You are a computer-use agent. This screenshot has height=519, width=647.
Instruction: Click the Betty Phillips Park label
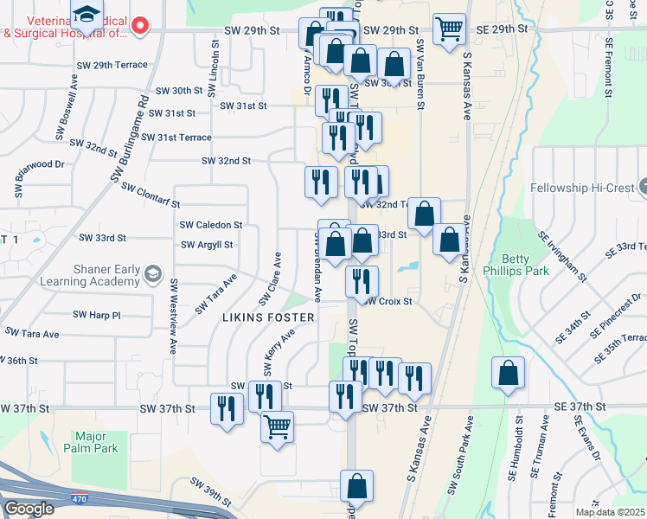pos(527,267)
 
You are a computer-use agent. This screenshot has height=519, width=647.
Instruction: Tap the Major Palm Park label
pos(96,442)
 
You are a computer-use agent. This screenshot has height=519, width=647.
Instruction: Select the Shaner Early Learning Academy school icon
pos(152,272)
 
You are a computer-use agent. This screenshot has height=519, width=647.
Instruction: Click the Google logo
pos(29,509)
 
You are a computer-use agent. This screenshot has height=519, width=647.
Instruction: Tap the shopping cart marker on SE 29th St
pos(449,30)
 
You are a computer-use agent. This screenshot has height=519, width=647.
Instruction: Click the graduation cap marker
pos(86,15)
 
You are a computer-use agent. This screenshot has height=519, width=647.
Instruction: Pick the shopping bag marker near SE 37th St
pos(509,373)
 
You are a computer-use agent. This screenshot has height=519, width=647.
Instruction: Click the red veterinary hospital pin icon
pos(143,27)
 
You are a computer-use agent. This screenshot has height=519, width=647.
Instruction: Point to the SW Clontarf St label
pos(150,195)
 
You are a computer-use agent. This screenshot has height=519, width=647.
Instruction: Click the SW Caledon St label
pos(210,224)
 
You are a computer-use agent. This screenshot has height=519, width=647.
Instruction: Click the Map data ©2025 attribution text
pos(610,512)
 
